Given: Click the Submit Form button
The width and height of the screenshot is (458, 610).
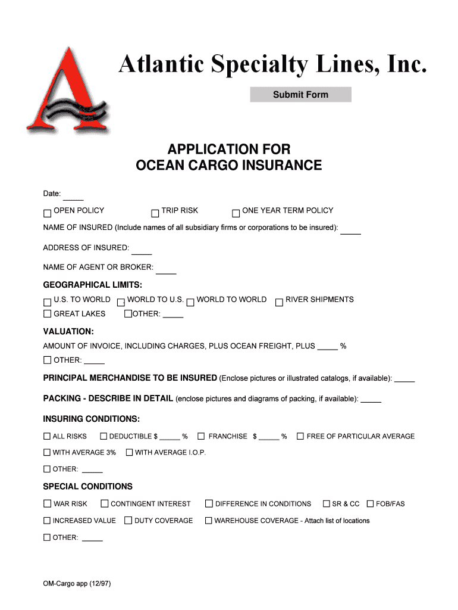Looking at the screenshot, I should pyautogui.click(x=300, y=95).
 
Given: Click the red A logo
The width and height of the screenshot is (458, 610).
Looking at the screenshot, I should pyautogui.click(x=66, y=92).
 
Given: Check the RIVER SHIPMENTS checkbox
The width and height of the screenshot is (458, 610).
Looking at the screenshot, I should pyautogui.click(x=278, y=302).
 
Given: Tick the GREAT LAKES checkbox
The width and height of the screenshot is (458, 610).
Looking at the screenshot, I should pyautogui.click(x=47, y=314).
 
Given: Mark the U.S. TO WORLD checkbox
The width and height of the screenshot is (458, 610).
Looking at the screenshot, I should pyautogui.click(x=47, y=302).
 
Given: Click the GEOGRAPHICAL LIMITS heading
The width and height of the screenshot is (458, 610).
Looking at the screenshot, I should pyautogui.click(x=92, y=285).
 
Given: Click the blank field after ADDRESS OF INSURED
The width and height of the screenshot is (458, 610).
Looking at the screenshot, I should pyautogui.click(x=142, y=250).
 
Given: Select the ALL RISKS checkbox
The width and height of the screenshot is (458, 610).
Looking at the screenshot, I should pyautogui.click(x=47, y=437).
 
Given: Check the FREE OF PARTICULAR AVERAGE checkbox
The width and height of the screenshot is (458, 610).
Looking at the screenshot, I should pyautogui.click(x=300, y=437).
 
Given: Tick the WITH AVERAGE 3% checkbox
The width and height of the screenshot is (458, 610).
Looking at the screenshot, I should pyautogui.click(x=47, y=453).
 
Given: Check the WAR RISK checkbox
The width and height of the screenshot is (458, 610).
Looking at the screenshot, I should pyautogui.click(x=47, y=504).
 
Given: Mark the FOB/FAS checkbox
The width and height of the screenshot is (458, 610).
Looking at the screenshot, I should pyautogui.click(x=370, y=504).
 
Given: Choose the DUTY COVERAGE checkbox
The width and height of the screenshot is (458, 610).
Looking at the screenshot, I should pyautogui.click(x=128, y=521).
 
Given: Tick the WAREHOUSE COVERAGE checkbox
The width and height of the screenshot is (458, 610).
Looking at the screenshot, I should pyautogui.click(x=208, y=521).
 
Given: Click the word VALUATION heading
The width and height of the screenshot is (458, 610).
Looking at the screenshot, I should pyautogui.click(x=68, y=331).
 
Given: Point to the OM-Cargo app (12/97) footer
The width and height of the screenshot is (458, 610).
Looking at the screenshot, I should pyautogui.click(x=77, y=584).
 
